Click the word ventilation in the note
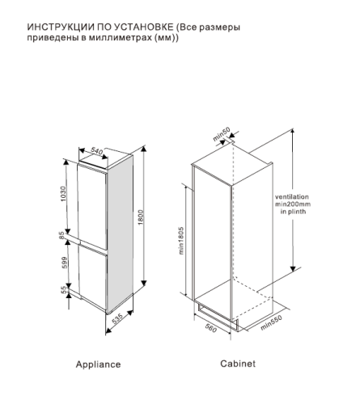click(314, 196)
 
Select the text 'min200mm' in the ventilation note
click(314, 205)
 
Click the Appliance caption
click(98, 364)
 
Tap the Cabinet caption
click(238, 364)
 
